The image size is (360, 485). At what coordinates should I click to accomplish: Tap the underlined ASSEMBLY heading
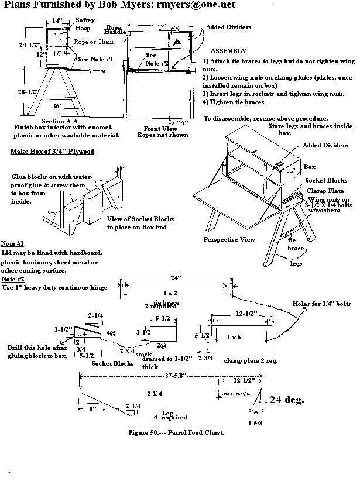(x=227, y=51)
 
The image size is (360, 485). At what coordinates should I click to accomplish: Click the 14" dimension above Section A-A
(x=56, y=21)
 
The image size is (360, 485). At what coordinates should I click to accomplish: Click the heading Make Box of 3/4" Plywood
(x=52, y=152)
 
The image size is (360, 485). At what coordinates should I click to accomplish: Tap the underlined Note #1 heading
(x=20, y=243)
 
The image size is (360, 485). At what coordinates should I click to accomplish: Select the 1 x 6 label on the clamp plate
(x=232, y=338)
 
